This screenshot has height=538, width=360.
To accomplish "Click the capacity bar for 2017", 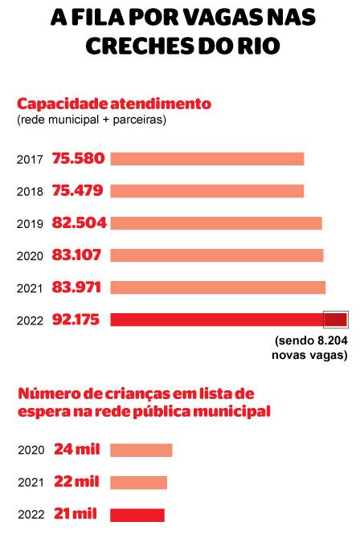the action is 207,159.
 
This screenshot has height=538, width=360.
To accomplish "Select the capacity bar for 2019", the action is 216,223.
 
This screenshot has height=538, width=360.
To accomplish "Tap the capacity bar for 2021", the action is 218,287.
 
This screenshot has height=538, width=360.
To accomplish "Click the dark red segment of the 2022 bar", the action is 336,320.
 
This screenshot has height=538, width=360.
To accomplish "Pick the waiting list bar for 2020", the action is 141,450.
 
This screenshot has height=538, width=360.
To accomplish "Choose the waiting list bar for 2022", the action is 137,515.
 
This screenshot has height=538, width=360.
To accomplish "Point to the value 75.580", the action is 78,158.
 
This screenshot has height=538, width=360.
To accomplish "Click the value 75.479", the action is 78,191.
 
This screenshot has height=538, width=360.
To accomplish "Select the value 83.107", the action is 76,255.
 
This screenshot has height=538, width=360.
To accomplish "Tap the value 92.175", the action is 76,320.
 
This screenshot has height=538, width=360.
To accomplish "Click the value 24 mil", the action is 77,449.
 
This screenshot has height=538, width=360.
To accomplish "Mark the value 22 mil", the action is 76,481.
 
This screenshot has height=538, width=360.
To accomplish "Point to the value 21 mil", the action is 76,514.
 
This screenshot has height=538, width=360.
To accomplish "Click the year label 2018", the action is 30,192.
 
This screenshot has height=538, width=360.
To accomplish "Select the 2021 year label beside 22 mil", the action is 31,483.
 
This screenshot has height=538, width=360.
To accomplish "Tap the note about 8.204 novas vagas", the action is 310,348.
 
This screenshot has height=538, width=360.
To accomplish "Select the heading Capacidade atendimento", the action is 114,104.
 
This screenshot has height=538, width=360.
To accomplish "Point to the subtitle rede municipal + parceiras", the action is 92,120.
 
